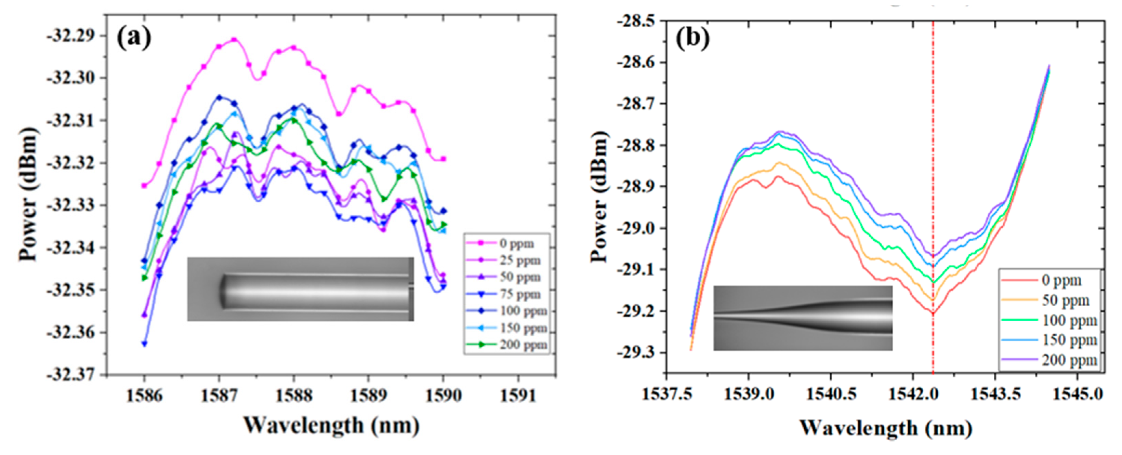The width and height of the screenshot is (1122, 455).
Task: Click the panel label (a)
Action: coord(134,38)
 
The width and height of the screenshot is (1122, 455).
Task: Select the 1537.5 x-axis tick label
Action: coord(666,394)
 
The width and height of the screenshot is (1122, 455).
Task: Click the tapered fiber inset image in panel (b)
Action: coord(803,318)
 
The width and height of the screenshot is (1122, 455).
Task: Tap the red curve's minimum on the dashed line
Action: coord(933,313)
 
